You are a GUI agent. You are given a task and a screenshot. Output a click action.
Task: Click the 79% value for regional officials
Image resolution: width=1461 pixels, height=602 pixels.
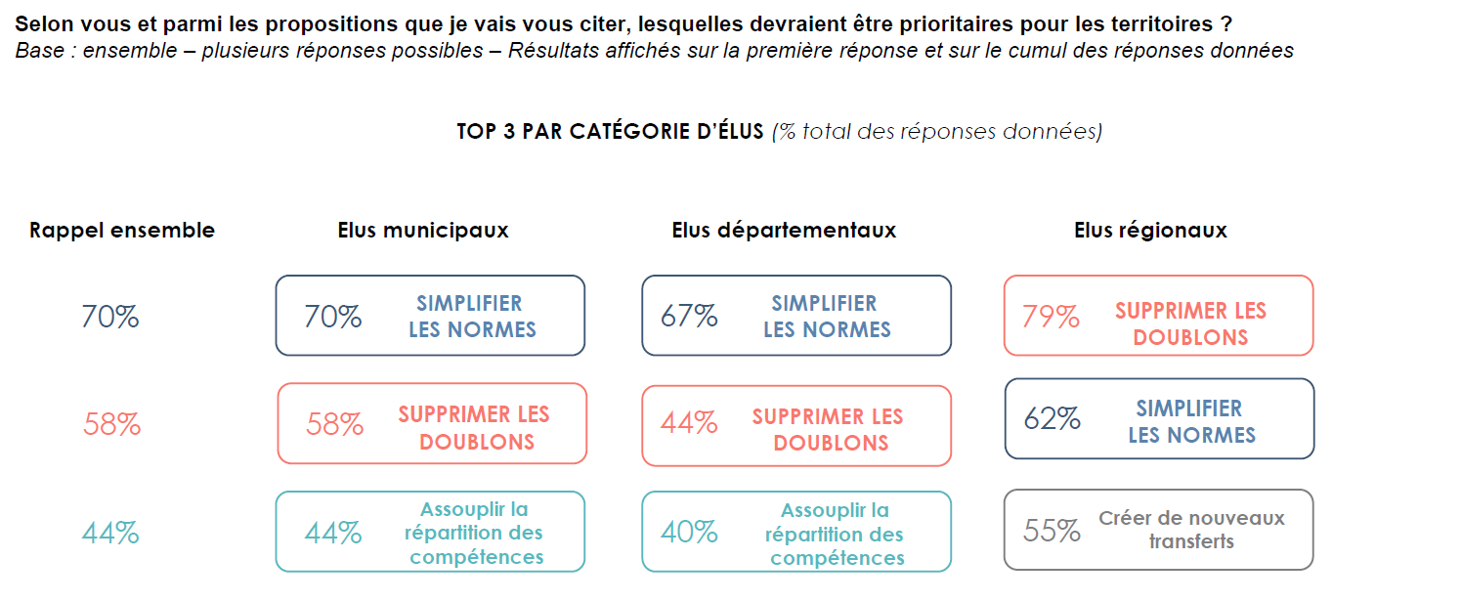(x=1051, y=317)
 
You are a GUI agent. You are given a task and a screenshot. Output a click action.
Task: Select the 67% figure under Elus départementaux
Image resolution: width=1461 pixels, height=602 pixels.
(x=689, y=317)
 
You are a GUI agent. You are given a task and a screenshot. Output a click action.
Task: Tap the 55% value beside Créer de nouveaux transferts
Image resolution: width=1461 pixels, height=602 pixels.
(x=1052, y=531)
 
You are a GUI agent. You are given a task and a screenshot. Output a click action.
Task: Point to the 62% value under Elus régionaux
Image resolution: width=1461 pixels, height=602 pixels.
(x=1052, y=419)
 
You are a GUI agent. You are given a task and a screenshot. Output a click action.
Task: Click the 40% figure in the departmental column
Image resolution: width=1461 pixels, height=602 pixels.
(x=689, y=533)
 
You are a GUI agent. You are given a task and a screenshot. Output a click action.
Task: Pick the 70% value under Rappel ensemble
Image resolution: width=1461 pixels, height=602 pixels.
(x=110, y=317)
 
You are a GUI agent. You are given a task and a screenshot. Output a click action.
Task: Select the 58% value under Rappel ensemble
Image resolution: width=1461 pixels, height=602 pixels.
(x=112, y=425)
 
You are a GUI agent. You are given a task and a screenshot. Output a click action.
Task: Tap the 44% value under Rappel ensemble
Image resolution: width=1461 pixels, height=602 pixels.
(x=110, y=533)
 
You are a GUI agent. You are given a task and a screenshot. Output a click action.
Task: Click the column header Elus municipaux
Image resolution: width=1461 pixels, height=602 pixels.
(x=423, y=231)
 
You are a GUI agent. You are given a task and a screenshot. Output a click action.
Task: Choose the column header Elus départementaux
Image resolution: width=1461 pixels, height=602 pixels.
(x=784, y=231)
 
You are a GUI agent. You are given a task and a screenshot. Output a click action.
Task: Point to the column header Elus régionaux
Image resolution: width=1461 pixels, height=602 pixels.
(x=1150, y=231)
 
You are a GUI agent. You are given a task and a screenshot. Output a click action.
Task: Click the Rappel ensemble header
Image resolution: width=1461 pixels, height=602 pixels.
(x=122, y=231)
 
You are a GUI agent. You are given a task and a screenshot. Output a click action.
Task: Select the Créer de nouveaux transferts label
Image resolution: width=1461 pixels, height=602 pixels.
(x=1191, y=530)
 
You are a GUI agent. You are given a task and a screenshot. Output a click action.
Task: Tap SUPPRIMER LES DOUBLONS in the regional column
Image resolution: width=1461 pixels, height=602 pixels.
(x=1190, y=323)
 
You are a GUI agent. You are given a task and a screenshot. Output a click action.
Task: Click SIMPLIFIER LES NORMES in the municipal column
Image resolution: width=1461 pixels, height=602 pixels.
(x=472, y=317)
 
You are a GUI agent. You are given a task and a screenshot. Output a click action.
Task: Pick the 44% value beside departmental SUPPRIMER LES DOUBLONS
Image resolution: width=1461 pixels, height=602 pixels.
(x=689, y=423)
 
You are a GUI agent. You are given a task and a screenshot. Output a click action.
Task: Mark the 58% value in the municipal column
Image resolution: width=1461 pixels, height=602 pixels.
(x=334, y=424)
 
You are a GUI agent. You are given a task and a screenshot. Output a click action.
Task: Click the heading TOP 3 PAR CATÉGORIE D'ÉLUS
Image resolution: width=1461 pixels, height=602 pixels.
(x=610, y=132)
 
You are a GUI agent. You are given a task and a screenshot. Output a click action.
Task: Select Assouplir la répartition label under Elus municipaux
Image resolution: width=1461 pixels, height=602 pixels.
(x=475, y=534)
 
